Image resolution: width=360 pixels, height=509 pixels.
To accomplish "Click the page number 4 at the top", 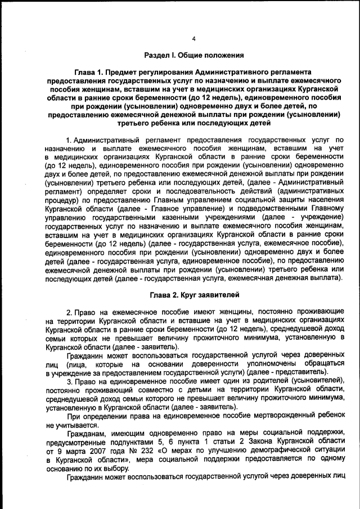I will pyautogui.click(x=193, y=39).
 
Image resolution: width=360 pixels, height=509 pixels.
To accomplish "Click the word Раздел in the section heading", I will pyautogui.click(x=158, y=55).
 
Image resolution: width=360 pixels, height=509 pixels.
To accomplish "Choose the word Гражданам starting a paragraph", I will pyautogui.click(x=88, y=433).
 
